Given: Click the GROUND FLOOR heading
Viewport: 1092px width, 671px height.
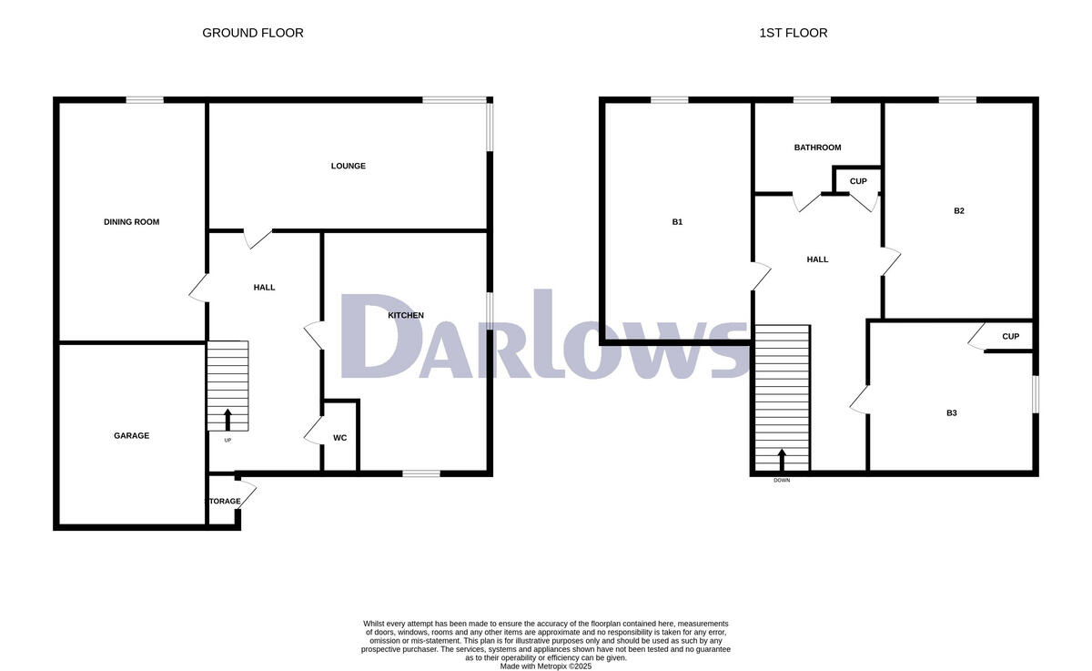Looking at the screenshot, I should point(253,33).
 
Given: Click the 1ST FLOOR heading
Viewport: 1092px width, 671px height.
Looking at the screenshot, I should point(794,33).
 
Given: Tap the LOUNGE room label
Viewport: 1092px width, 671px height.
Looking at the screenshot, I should point(349,166).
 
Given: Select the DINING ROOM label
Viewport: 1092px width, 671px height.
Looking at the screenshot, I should point(132,221).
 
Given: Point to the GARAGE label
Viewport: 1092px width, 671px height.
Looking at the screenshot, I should point(132,435).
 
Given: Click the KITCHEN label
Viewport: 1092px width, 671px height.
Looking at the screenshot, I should point(406,315).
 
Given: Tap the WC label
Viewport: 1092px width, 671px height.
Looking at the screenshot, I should point(339,438).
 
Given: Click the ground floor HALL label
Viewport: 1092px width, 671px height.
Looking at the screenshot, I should point(264,287).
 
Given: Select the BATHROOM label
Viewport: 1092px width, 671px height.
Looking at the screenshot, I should point(817,147).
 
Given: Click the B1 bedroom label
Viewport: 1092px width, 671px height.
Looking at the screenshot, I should point(677,221).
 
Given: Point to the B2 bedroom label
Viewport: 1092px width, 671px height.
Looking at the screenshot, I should point(959,210).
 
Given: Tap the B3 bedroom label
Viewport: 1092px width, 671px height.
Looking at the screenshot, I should point(952,412).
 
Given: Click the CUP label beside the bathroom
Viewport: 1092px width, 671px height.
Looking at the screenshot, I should point(858,181).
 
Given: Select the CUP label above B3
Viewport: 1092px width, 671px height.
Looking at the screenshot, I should point(1010,336).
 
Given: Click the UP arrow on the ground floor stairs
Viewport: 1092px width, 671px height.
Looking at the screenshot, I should point(227,419).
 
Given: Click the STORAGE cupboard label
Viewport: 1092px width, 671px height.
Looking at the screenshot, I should point(225,502).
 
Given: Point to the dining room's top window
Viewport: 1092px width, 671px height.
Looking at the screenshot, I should point(145,100).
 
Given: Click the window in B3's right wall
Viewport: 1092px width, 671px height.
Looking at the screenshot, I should point(1036,395).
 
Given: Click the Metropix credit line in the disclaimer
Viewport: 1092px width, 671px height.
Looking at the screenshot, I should point(546,666).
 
